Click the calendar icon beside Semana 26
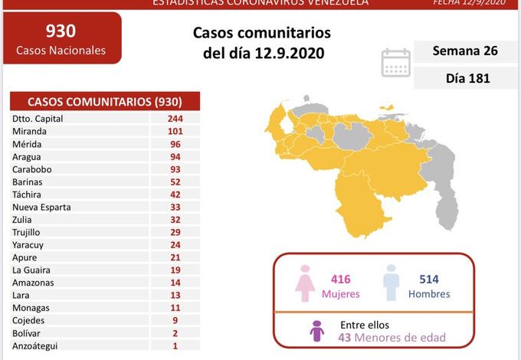(x=396, y=63)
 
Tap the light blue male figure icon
(x=392, y=285)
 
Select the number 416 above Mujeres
(x=340, y=280)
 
